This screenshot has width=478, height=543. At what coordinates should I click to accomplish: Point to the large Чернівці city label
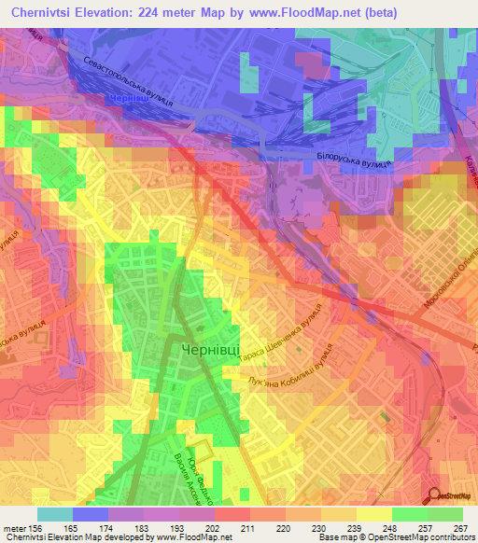coord(207,349)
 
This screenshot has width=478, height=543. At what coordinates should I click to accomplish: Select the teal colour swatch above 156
coord(55,514)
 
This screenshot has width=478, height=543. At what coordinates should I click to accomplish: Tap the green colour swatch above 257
coord(410,514)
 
